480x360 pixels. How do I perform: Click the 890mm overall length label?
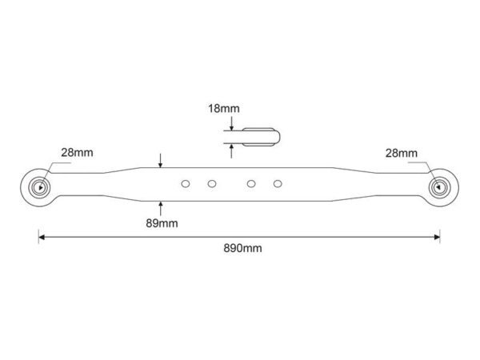point(242,248)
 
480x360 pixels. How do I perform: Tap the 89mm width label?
point(162,223)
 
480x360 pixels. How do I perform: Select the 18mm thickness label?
point(224,109)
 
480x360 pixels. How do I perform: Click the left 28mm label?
point(77,153)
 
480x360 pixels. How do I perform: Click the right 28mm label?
point(401,153)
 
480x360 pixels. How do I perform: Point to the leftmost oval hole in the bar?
point(186,184)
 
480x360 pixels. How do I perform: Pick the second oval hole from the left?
point(212,184)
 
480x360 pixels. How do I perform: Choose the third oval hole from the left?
point(251,184)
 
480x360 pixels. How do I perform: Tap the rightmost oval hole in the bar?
point(278,184)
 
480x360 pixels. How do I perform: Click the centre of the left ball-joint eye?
point(39,187)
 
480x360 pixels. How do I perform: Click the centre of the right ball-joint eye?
point(439,187)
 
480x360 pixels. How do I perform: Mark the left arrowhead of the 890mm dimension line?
point(42,237)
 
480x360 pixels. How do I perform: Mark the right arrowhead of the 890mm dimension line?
point(437,237)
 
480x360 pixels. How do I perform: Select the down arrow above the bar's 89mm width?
point(161,161)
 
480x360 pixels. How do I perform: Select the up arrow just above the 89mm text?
point(161,208)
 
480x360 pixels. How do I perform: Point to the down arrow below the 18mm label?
point(231,124)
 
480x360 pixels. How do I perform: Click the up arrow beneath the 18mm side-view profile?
point(231,151)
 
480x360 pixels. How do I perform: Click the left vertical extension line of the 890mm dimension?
point(38,236)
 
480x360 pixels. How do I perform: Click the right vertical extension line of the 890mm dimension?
point(440,236)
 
